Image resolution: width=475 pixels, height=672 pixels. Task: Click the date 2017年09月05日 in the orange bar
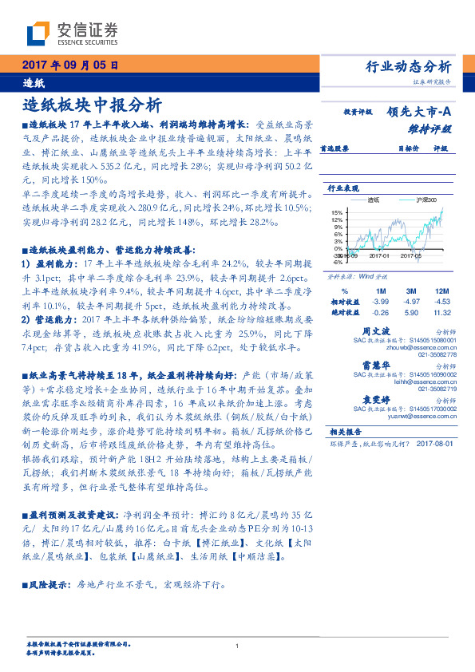click(x=71, y=65)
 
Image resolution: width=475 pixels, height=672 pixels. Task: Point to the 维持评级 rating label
click(x=434, y=128)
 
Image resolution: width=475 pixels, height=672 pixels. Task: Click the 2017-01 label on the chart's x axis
click(x=378, y=255)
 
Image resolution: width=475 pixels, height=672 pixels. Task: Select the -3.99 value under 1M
click(x=380, y=302)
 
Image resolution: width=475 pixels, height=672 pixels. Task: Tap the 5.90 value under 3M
click(x=411, y=313)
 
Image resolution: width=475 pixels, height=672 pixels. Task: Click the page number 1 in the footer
click(x=237, y=646)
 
